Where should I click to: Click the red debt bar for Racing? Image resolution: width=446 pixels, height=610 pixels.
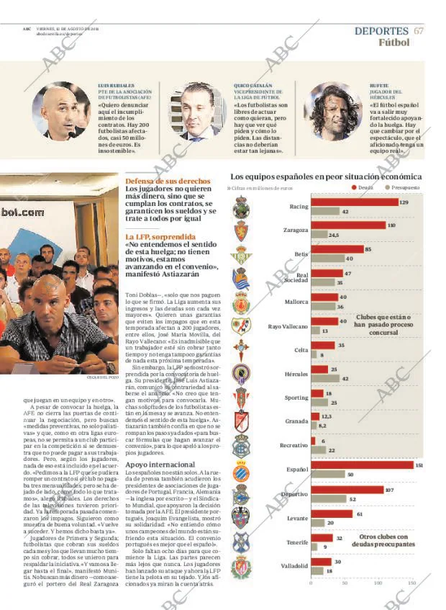(x=355, y=202)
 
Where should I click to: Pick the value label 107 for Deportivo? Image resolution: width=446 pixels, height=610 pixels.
(x=389, y=490)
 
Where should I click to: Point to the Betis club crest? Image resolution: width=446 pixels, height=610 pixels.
(x=240, y=255)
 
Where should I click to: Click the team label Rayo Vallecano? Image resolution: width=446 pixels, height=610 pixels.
(x=288, y=326)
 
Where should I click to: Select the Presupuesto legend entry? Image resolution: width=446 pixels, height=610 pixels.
(x=402, y=187)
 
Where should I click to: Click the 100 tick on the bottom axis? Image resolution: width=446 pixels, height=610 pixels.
(x=378, y=582)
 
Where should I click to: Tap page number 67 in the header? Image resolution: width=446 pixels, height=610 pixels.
(x=419, y=30)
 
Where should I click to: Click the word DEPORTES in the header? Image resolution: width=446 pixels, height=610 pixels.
(x=381, y=30)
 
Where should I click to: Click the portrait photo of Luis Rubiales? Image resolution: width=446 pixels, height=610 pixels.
(x=62, y=111)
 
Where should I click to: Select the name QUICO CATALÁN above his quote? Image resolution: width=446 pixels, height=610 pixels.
(x=252, y=85)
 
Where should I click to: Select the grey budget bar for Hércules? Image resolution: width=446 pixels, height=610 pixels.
(x=325, y=378)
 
